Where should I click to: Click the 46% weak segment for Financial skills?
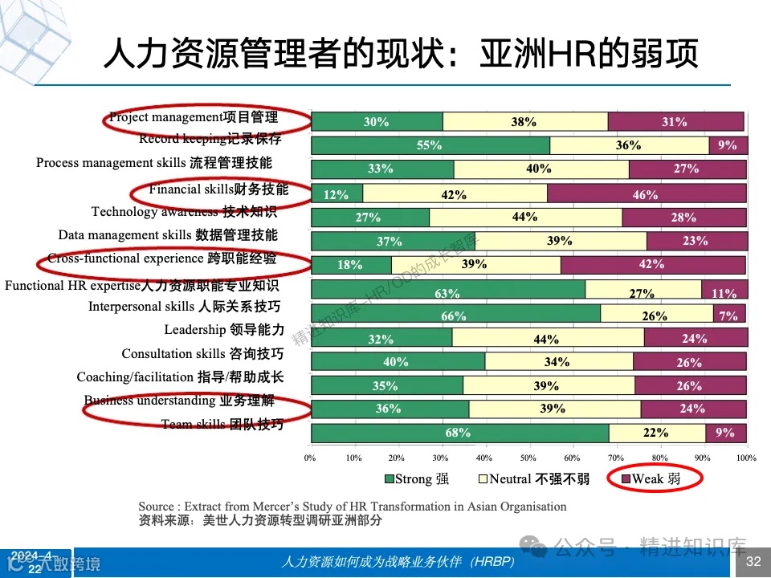pos(647,193)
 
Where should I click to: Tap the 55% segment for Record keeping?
pos(430,145)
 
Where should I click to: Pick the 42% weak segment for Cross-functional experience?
pos(653,265)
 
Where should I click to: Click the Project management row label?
pos(194,118)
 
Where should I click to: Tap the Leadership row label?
pos(224,330)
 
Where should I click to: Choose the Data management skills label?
pos(168,235)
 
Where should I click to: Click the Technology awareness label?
pos(184,212)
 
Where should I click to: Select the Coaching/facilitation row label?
pos(180,377)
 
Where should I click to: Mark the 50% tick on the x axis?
pos(528,458)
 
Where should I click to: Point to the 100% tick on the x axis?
pos(746,458)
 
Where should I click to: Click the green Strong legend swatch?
pos(389,480)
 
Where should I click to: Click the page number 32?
pos(753,561)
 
